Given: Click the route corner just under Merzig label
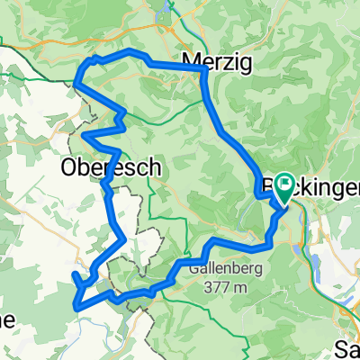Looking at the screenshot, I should click(204, 72).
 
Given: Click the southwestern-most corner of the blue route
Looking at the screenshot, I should click(77, 305).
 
